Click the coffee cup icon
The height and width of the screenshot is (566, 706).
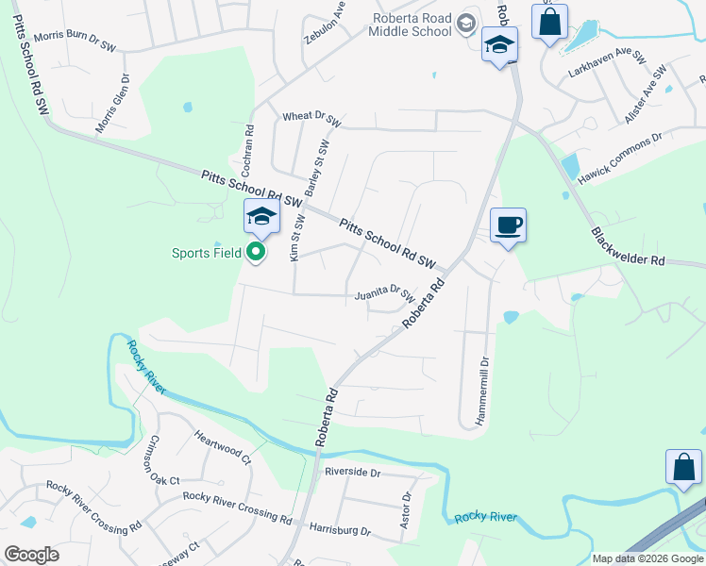point(508,225)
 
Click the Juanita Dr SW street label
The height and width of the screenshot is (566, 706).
point(385,294)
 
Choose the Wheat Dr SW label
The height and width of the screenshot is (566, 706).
point(311,117)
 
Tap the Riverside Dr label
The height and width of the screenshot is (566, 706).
point(352,472)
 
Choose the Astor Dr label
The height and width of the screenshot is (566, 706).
point(407,509)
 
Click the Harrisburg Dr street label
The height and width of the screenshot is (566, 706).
point(341,530)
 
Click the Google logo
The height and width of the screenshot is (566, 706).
point(32,555)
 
